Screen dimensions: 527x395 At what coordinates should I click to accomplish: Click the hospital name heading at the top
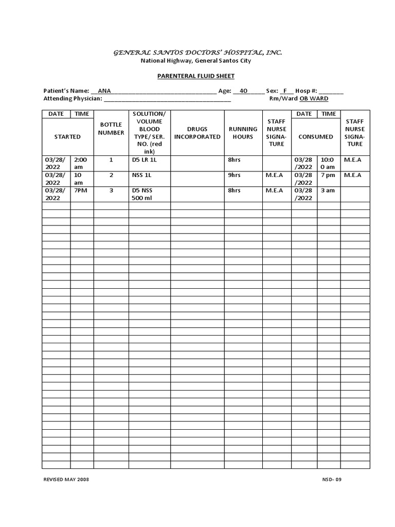197,52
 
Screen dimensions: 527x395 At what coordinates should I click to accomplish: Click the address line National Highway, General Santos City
196,61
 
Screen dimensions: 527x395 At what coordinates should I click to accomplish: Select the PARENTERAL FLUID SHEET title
195,76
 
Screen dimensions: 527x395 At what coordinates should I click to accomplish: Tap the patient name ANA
104,91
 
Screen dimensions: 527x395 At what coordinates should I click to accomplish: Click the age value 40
243,91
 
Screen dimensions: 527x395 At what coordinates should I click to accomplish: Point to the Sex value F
284,91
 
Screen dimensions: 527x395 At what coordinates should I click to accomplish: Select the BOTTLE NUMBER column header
111,129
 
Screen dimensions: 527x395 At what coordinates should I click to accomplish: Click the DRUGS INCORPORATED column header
197,133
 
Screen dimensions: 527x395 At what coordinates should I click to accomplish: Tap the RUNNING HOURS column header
243,133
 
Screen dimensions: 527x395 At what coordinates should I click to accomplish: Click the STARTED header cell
67,136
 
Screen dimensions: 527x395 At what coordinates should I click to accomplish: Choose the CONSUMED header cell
316,136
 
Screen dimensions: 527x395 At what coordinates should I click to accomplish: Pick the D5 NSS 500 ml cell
142,194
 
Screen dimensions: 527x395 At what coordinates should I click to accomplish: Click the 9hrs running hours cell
234,175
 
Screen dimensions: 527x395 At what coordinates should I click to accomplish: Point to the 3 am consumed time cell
328,190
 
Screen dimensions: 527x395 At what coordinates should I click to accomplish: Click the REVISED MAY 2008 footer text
66,479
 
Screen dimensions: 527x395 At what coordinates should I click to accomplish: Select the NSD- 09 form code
331,479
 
